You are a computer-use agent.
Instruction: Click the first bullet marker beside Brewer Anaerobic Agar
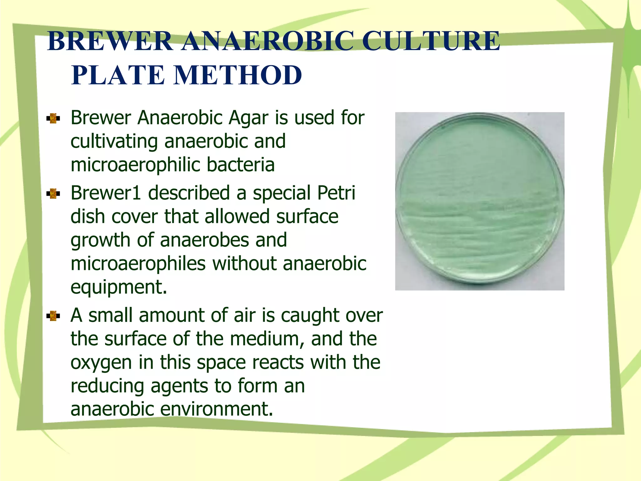click(x=53, y=118)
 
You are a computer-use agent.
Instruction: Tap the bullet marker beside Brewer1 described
click(x=53, y=194)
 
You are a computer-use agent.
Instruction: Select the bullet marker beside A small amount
click(x=53, y=316)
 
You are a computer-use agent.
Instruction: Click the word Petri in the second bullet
click(x=336, y=193)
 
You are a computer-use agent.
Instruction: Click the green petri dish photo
click(x=479, y=201)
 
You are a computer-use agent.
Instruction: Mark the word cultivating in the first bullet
click(x=114, y=142)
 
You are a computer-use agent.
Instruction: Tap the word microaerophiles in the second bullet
click(x=138, y=264)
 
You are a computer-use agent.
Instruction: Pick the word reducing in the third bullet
click(x=107, y=386)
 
